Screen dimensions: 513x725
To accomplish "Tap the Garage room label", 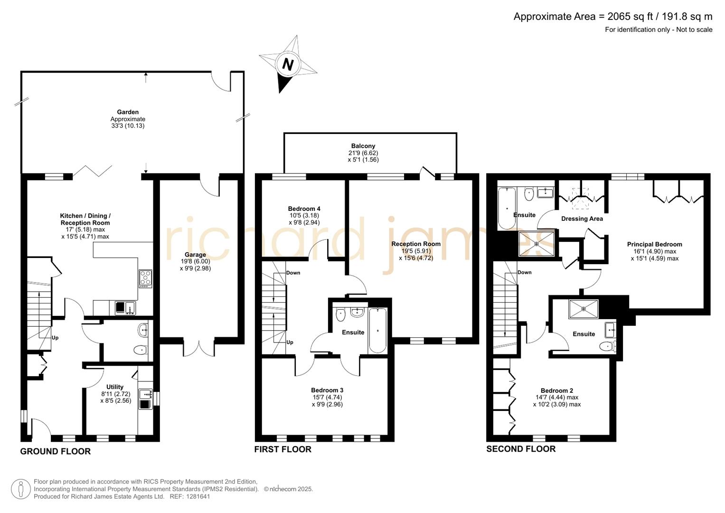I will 195,255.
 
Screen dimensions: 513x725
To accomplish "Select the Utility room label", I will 115,387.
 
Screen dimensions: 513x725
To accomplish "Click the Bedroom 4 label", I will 304,209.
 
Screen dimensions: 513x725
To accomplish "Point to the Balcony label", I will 363,146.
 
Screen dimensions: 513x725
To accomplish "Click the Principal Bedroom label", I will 654,244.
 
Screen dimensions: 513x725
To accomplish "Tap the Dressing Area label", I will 582,218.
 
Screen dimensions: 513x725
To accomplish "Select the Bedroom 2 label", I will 556,390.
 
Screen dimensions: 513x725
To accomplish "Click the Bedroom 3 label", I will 327,390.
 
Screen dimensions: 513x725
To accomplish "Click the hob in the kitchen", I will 145,278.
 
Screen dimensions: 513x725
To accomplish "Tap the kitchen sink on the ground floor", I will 125,308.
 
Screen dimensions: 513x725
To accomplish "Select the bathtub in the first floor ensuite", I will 378,330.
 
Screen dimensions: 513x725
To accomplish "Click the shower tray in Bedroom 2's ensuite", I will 584,308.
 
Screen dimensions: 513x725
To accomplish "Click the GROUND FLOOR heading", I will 55,451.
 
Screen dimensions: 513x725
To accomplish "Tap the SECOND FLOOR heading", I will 520,449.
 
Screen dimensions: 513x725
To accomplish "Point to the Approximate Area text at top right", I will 612,17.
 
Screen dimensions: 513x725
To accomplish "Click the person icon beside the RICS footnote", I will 20,489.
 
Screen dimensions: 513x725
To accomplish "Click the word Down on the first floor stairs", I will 293,273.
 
